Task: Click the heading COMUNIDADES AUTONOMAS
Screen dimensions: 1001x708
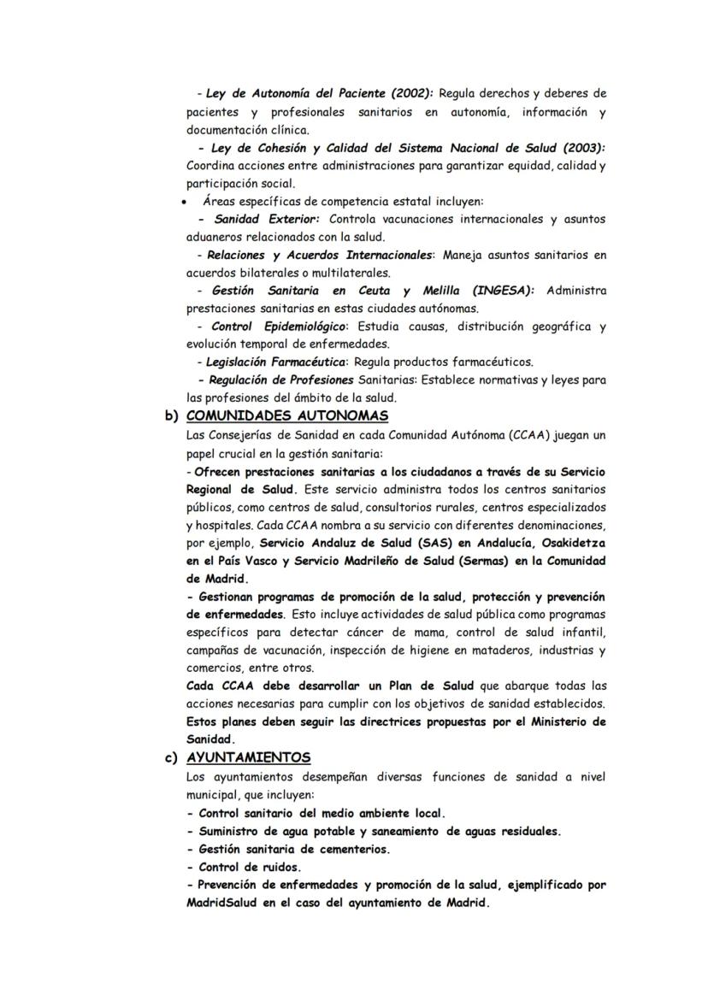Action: [287, 416]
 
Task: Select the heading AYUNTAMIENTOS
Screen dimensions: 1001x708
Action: [248, 758]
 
